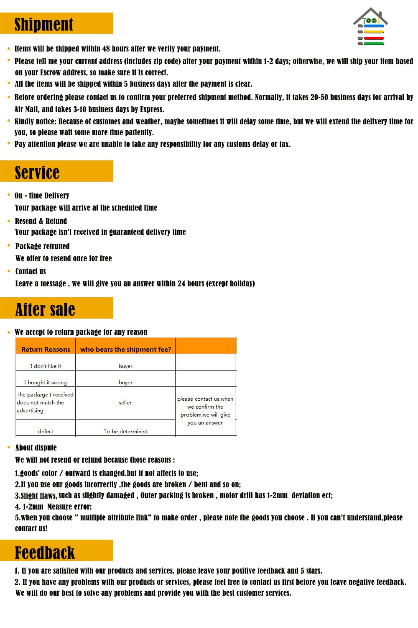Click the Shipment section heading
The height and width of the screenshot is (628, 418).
(x=44, y=24)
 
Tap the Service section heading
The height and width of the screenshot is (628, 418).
(x=37, y=172)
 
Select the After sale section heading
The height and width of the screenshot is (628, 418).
(x=45, y=309)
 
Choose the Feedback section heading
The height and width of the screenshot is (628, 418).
(x=45, y=552)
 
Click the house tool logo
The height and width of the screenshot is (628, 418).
(x=370, y=26)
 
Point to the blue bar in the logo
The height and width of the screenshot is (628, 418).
(x=373, y=26)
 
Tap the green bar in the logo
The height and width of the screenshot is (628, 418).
(x=373, y=44)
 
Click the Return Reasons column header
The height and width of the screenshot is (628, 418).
(x=46, y=349)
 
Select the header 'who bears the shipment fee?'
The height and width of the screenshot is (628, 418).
(x=125, y=349)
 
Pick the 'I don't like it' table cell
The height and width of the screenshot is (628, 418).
(x=46, y=366)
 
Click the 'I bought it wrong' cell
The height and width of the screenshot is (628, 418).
(x=45, y=382)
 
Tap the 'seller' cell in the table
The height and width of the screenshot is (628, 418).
(x=125, y=402)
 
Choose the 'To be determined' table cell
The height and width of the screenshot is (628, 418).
(x=125, y=431)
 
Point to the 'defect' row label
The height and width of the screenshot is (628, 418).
(x=46, y=431)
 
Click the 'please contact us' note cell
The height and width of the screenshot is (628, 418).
(x=205, y=411)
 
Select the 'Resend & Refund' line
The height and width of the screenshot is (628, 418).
(x=41, y=221)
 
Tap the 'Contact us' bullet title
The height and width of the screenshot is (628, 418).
(x=31, y=271)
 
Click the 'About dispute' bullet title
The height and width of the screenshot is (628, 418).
(x=36, y=448)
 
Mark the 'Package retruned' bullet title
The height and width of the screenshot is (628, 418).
(x=42, y=246)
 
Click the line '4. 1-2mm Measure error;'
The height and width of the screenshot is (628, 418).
(x=53, y=507)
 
